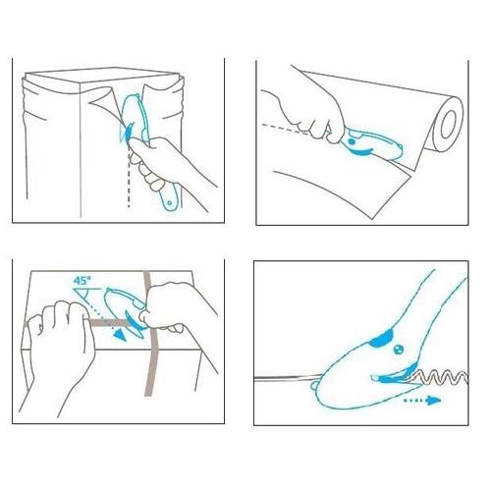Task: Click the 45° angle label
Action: pos(82,281)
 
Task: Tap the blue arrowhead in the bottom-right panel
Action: pos(433,400)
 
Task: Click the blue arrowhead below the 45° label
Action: pos(120,335)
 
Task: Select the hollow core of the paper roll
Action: pos(449,125)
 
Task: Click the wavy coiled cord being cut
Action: pos(439,377)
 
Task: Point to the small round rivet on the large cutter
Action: pos(398,350)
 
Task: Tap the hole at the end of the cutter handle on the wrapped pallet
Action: pos(169,203)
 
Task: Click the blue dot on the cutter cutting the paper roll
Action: pos(351,142)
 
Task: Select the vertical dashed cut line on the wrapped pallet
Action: pos(129,179)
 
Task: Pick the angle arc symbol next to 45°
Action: pos(85,296)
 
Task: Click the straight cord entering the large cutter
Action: pos(288,377)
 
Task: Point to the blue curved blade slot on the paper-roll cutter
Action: pos(361,152)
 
